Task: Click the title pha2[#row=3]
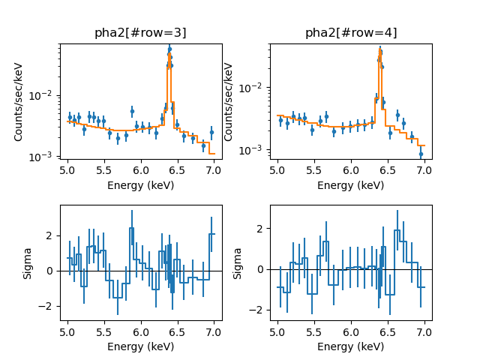pyautogui.click(x=140, y=33)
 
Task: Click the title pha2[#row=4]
pyautogui.click(x=351, y=33)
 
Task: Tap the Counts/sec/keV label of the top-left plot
pyautogui.click(x=19, y=103)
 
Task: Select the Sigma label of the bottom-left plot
pyautogui.click(x=27, y=263)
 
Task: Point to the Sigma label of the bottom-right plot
pyautogui.click(x=238, y=263)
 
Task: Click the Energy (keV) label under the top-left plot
pyautogui.click(x=140, y=185)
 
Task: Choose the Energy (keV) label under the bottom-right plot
pyautogui.click(x=351, y=346)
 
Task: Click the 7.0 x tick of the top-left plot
pyautogui.click(x=214, y=172)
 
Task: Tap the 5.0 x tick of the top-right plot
pyautogui.click(x=277, y=172)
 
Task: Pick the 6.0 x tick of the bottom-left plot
pyautogui.click(x=140, y=333)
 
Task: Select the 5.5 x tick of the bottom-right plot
pyautogui.click(x=314, y=333)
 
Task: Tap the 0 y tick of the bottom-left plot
pyautogui.click(x=51, y=271)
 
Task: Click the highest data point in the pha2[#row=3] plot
pyautogui.click(x=169, y=49)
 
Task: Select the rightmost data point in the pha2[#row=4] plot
pyautogui.click(x=421, y=154)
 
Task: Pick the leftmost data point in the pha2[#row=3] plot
pyautogui.click(x=69, y=117)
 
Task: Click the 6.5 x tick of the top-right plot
pyautogui.click(x=388, y=172)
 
